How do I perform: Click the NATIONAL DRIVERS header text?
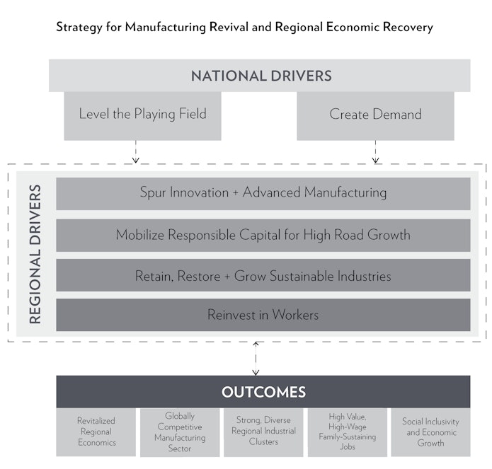coord(261,76)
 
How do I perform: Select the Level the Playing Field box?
coord(142,116)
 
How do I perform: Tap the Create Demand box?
coord(375,116)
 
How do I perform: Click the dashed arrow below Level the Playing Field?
coord(135,151)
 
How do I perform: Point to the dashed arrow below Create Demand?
coord(375,151)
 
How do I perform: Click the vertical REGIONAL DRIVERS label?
coord(35,254)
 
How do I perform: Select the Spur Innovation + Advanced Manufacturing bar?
coord(263,193)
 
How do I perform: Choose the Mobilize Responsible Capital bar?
coord(263,235)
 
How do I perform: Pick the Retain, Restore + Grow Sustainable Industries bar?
coord(263,275)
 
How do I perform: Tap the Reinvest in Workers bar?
coord(263,315)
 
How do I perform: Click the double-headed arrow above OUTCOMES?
coord(256,359)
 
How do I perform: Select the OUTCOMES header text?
coord(263,392)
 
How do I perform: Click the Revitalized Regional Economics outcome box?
coord(96,432)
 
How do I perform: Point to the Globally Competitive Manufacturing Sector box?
coord(180,432)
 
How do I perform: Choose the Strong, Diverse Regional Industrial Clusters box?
coord(263,432)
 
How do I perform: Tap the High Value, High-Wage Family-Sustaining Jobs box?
coord(348,432)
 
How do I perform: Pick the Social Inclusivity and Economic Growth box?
coord(430,432)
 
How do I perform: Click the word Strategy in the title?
coord(79,28)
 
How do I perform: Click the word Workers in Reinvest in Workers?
coord(295,315)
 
